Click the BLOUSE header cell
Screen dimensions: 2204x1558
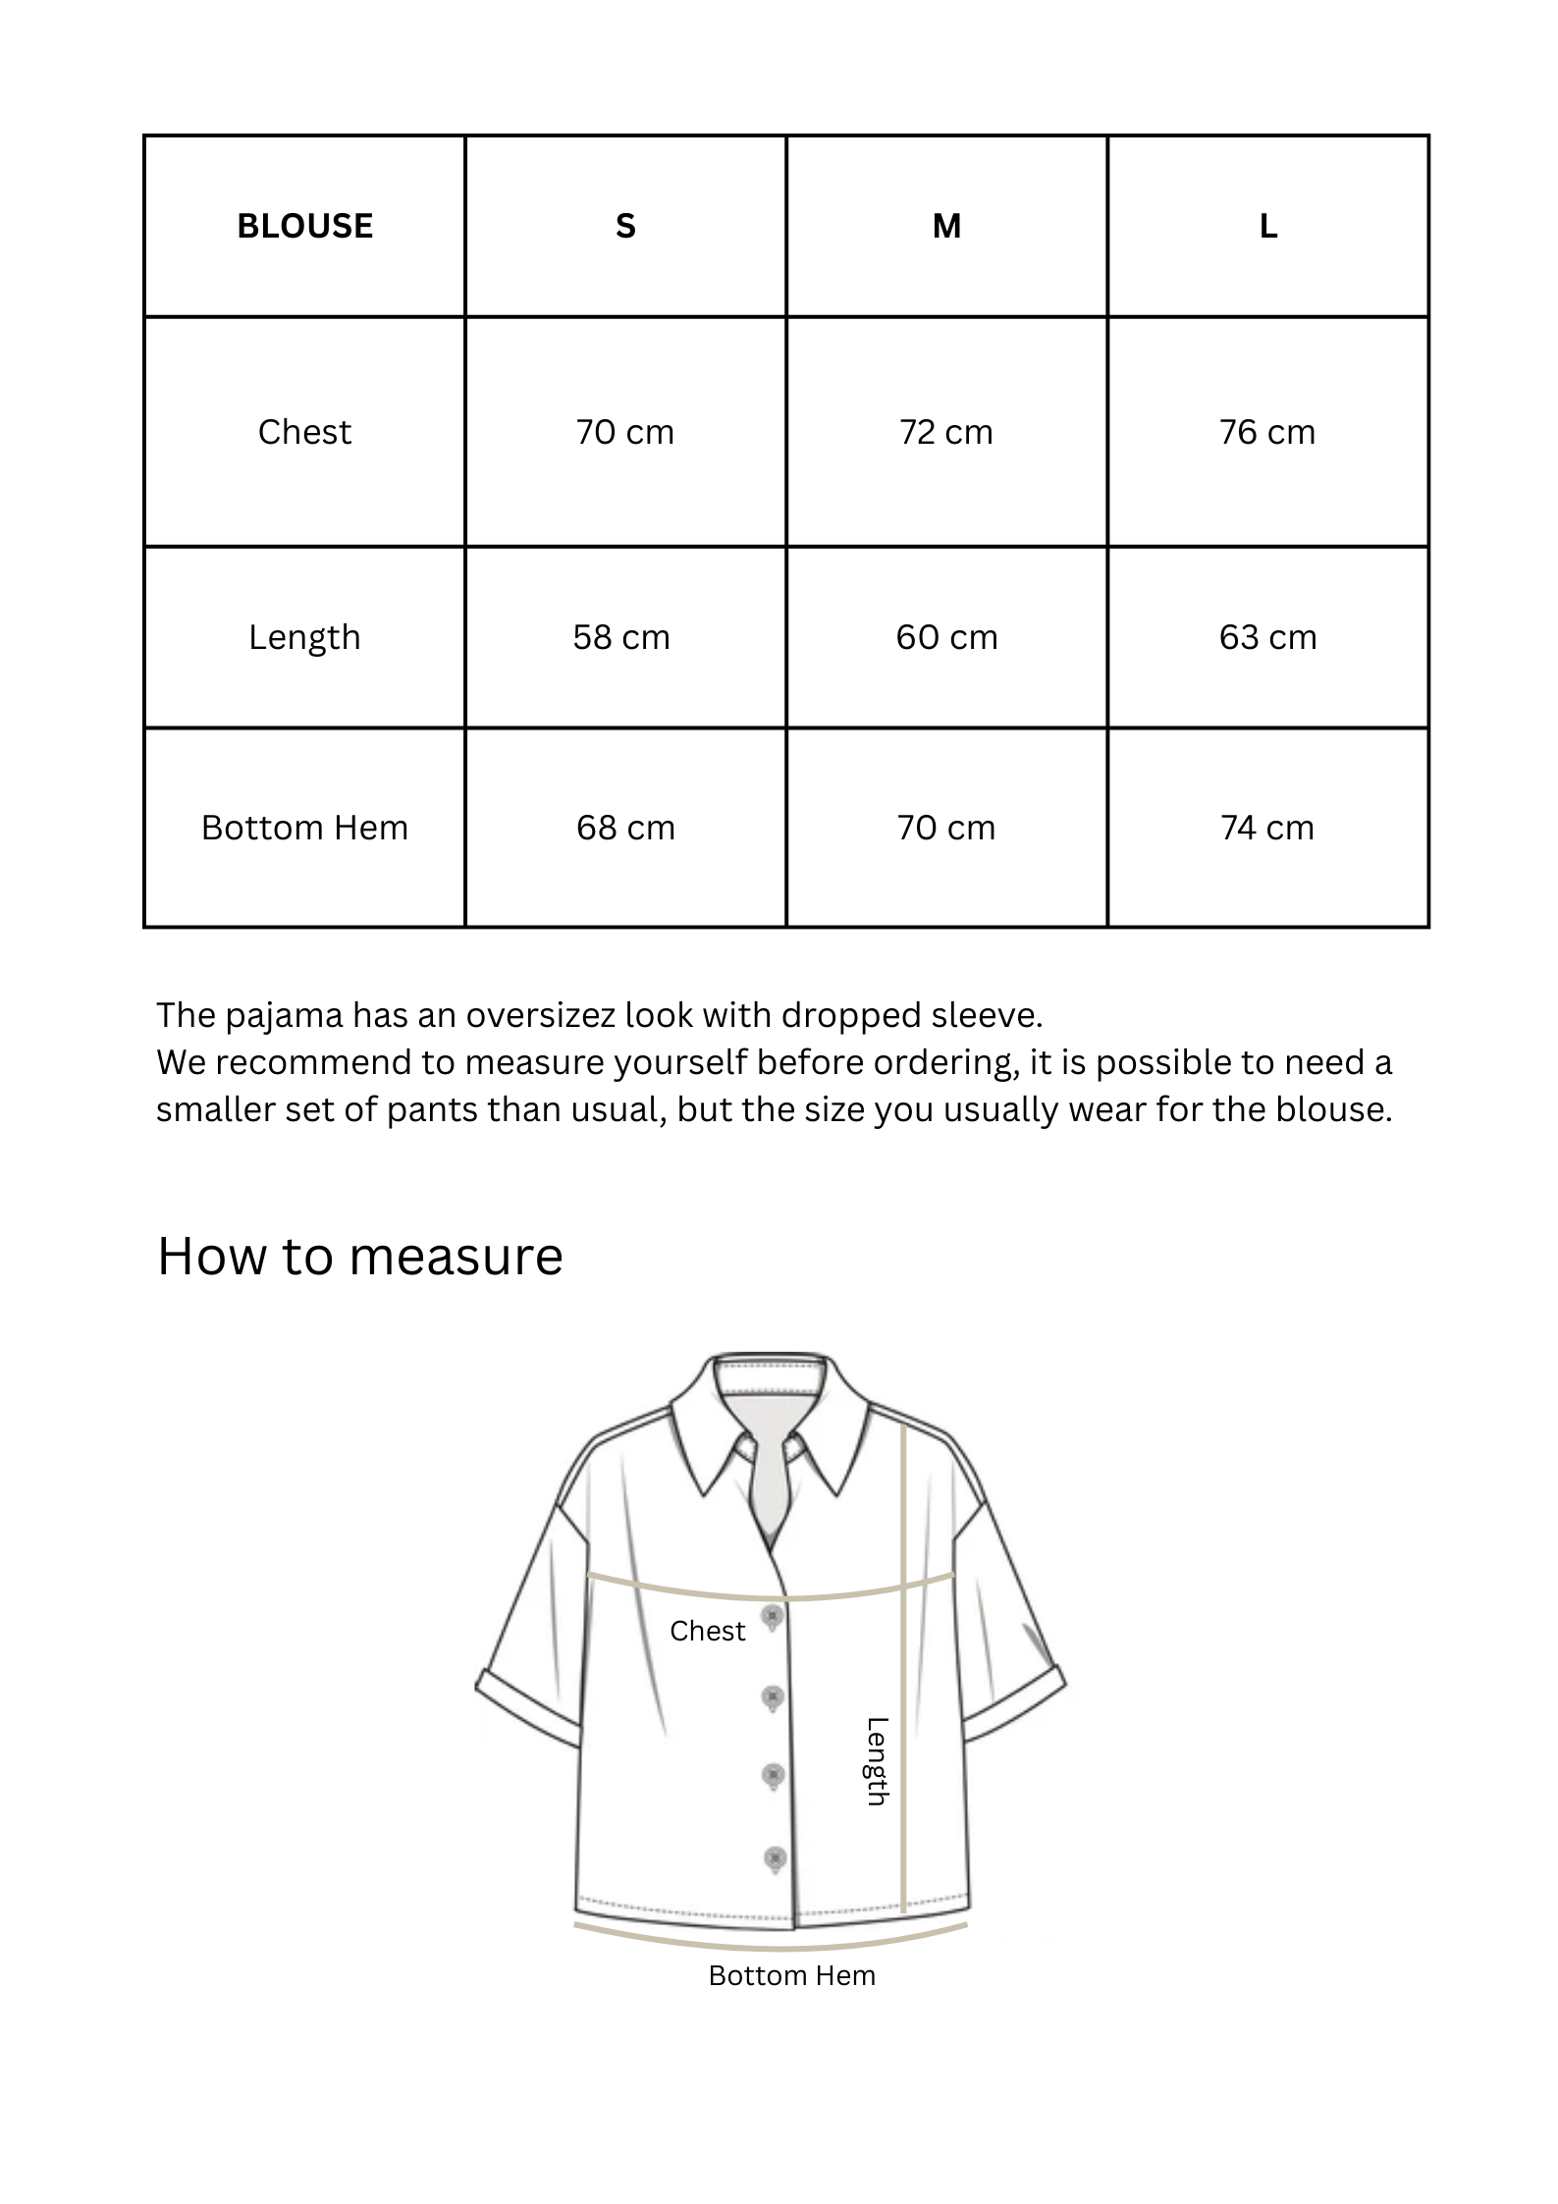click(x=304, y=227)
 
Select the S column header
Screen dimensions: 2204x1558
click(x=625, y=227)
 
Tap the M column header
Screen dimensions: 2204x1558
click(x=946, y=227)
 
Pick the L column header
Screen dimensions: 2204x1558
click(x=1267, y=227)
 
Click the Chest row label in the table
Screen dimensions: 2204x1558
click(x=304, y=432)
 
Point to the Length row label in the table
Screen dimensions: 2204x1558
click(x=304, y=637)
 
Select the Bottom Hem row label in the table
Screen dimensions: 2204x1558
click(x=304, y=828)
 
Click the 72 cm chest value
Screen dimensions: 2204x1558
click(x=946, y=432)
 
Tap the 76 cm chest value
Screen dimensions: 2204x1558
click(x=1267, y=432)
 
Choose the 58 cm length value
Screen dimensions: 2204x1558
click(x=621, y=637)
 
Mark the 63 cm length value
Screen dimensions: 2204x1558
click(x=1267, y=637)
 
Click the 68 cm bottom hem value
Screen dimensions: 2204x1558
click(x=625, y=828)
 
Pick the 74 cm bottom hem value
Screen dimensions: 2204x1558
click(x=1267, y=828)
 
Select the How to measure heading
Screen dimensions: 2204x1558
click(x=360, y=1256)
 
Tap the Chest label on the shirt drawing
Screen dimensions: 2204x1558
click(x=707, y=1631)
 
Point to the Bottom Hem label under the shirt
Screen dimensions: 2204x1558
click(x=791, y=1975)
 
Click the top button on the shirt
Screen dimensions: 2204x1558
click(x=773, y=1616)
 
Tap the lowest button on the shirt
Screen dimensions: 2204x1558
click(x=775, y=1858)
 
